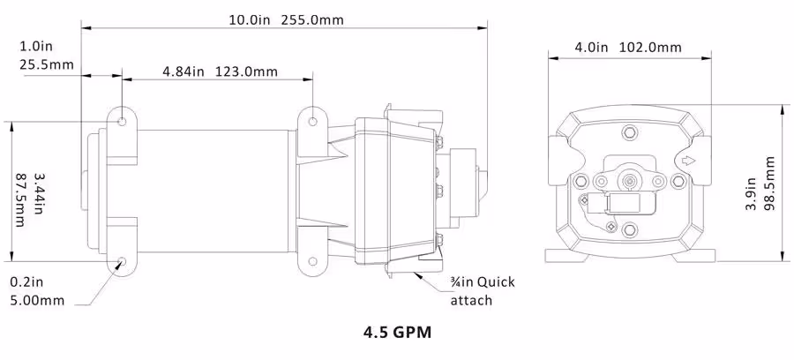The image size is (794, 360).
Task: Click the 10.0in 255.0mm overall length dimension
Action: coord(286,19)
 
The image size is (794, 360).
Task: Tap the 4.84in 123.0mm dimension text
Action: coord(220,71)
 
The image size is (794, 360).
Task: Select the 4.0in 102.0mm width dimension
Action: coord(628,48)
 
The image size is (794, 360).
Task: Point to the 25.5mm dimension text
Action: coord(47,64)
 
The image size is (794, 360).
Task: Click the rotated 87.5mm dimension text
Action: coord(21,201)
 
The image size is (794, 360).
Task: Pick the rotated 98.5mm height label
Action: coord(769,184)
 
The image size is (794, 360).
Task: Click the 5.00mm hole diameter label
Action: coord(37,300)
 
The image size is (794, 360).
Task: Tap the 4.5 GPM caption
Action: coord(398,333)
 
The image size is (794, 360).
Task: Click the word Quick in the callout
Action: coord(496,281)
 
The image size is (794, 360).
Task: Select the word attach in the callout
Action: coord(471,300)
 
